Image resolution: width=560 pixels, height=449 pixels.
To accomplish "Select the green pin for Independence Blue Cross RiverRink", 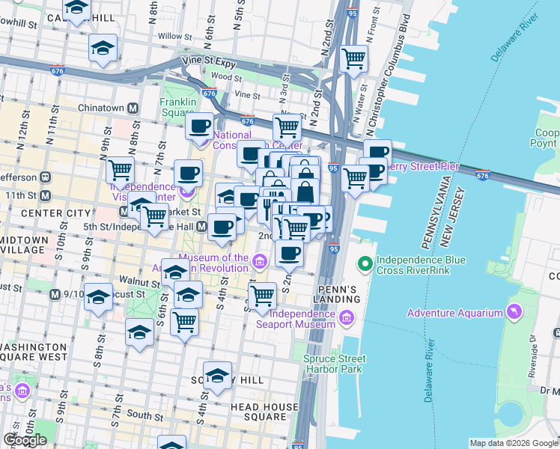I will click(365, 263).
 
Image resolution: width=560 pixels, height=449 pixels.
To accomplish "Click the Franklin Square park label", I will click(178, 108).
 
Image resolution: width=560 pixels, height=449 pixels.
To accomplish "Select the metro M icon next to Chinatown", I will click(133, 108).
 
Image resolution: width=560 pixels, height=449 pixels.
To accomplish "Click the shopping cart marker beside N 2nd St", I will click(353, 57).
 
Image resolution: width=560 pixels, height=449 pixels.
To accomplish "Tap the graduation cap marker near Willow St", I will click(103, 48).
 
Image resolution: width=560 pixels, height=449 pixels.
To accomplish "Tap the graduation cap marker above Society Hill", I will click(217, 376).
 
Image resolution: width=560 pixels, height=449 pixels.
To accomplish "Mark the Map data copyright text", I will click(514, 443).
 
